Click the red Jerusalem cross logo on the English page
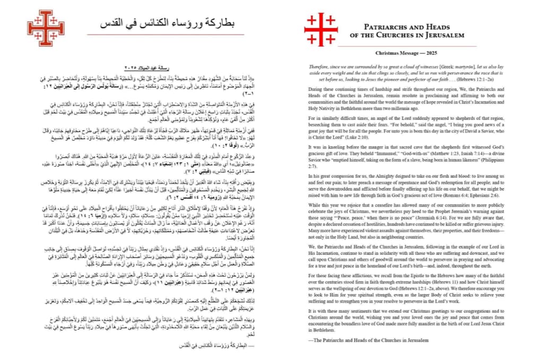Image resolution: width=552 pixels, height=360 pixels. coord(321,29)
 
